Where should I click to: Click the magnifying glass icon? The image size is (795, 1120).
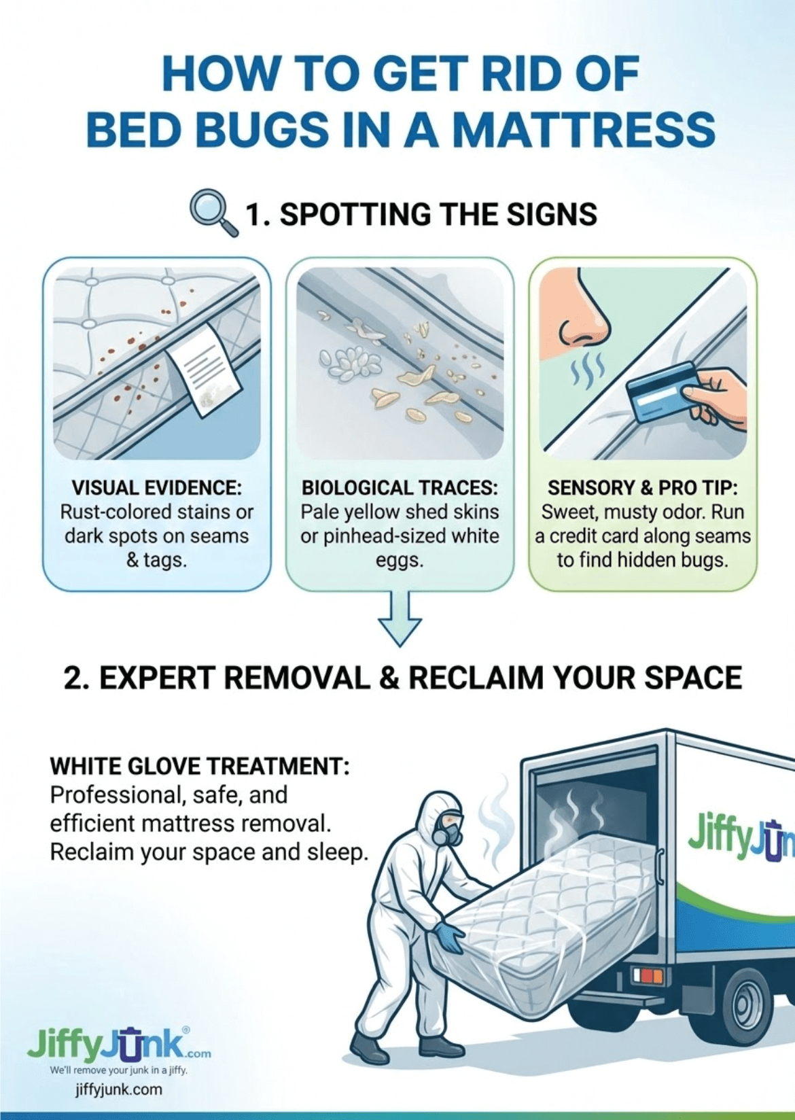(x=213, y=211)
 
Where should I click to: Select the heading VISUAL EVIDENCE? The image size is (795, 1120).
(x=156, y=487)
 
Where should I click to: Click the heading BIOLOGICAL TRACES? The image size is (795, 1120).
(x=400, y=487)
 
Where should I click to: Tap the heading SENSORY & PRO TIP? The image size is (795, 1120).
(x=642, y=487)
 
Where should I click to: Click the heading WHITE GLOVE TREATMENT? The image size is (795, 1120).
(x=200, y=766)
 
